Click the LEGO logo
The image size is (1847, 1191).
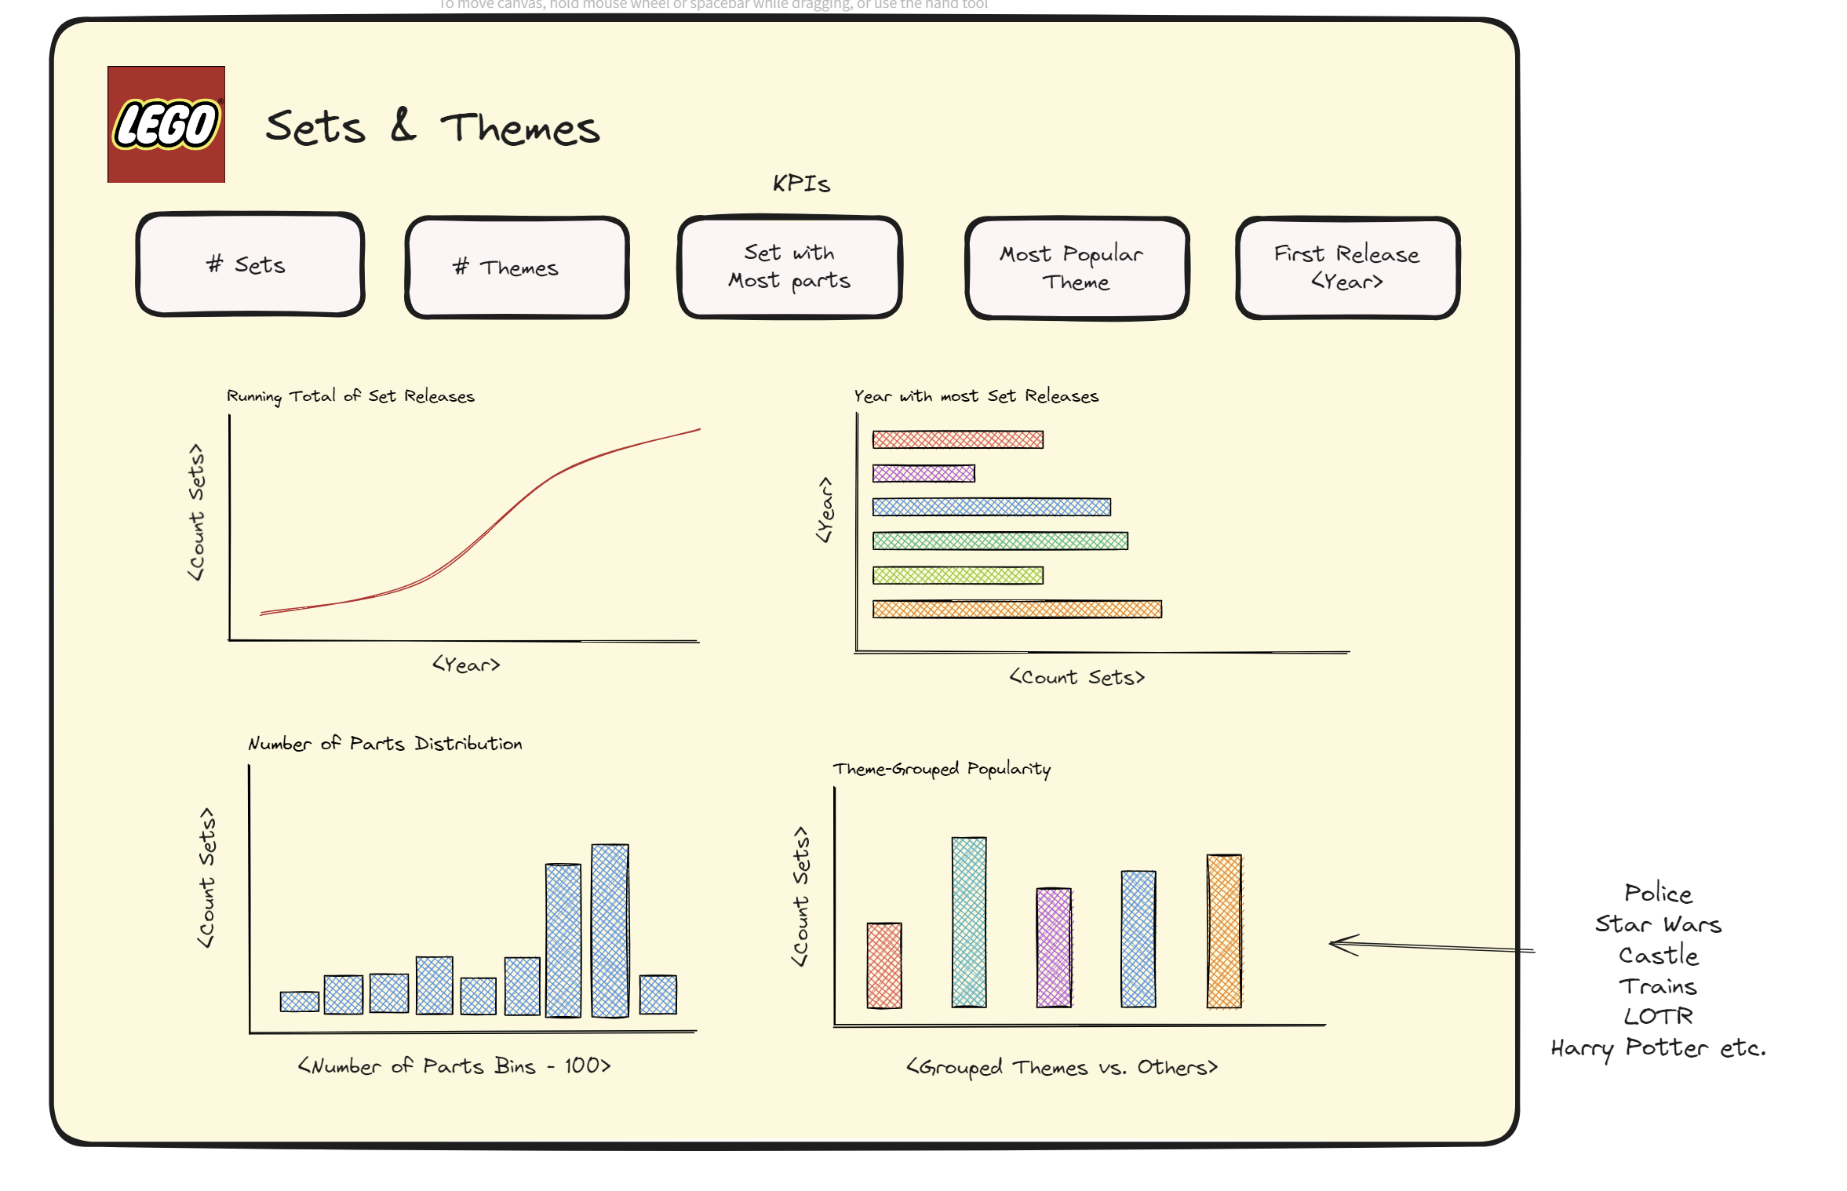pos(166,124)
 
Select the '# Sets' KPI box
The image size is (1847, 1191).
pos(250,264)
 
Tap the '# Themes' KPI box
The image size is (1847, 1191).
pos(517,268)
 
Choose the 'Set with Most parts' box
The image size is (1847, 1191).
pos(789,267)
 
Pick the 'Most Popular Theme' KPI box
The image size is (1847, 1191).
pos(1077,268)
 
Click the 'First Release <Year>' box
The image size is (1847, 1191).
pos(1347,268)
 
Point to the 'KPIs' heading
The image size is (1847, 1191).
pos(801,184)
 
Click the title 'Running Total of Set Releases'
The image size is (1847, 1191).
pos(351,396)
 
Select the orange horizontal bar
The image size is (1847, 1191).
pos(1017,609)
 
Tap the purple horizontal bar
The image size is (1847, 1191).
pos(923,473)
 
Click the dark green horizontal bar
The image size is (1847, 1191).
pos(1000,541)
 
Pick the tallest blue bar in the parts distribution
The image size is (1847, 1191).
pos(610,931)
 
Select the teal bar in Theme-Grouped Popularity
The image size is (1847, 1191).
pos(969,922)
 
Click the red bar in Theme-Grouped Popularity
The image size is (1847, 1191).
pos(884,965)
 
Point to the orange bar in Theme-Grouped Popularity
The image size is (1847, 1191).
pos(1224,931)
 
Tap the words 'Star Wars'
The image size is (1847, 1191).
pos(1658,924)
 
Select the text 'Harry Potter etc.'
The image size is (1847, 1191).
pos(1658,1048)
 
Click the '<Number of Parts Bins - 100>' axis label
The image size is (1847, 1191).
pos(454,1065)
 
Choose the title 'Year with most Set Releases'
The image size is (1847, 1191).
pos(976,396)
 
